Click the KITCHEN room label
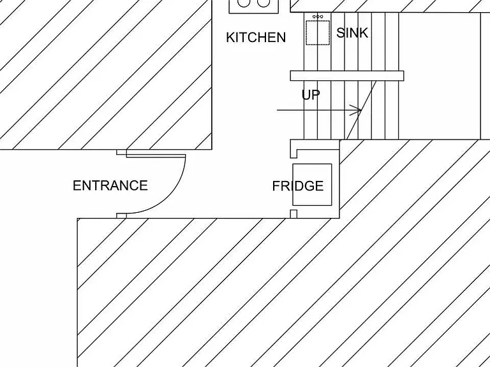pos(256,38)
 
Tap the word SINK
pos(352,32)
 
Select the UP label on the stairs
pos(311,95)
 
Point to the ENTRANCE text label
pos(110,185)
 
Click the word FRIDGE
pos(298,186)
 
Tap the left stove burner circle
pos(244,3)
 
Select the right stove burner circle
pos(264,3)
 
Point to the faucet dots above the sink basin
pos(318,17)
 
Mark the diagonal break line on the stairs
pos(361,110)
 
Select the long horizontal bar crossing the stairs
pos(347,76)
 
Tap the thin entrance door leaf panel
pos(156,155)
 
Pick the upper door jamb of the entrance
pos(122,152)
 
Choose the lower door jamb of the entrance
pos(122,215)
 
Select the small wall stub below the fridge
pos(293,214)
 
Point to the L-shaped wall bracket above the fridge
pos(293,148)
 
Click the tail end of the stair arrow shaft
pos(277,110)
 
